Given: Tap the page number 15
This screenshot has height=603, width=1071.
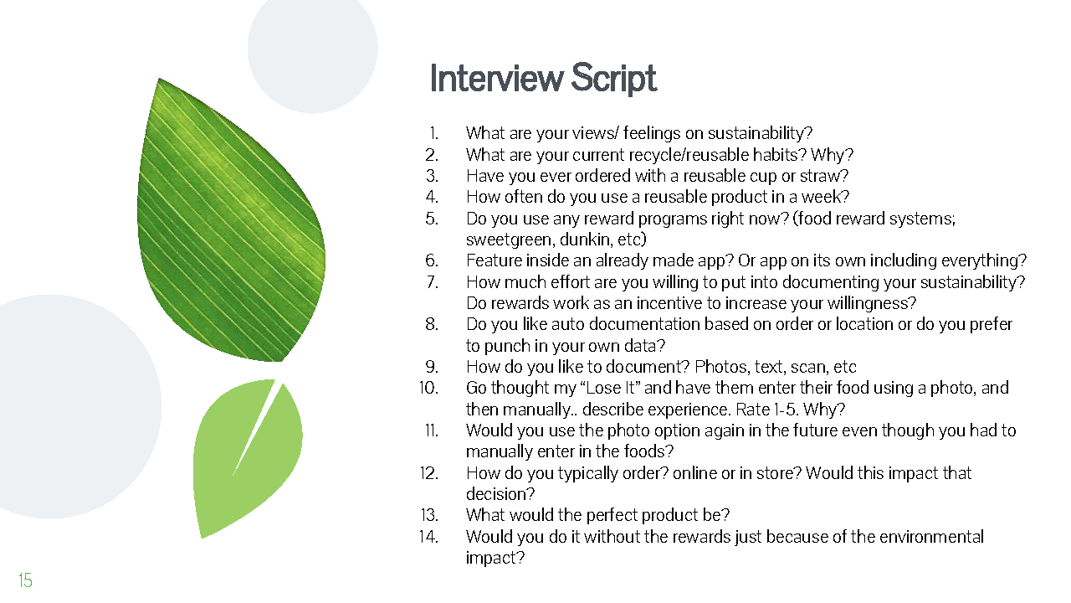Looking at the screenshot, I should pyautogui.click(x=25, y=580).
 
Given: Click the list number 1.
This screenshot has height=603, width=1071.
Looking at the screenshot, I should pyautogui.click(x=433, y=133).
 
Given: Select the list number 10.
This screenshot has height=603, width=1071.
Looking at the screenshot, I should pyautogui.click(x=428, y=388).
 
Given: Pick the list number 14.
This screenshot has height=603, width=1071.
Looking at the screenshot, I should pyautogui.click(x=428, y=536).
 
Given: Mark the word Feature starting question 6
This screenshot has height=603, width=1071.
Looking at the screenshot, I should pyautogui.click(x=494, y=260).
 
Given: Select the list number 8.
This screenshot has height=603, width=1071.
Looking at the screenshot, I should pyautogui.click(x=432, y=324).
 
